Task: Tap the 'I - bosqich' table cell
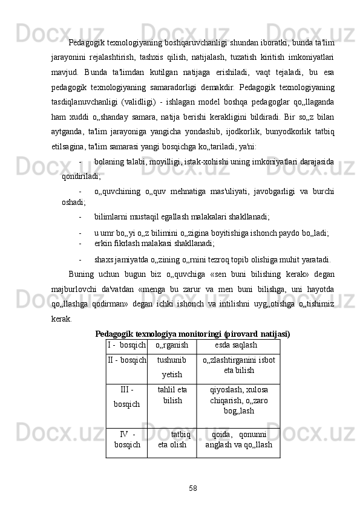pyautogui.click(x=126, y=345)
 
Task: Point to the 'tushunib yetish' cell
pyautogui.click(x=172, y=368)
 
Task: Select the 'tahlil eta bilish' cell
pyautogui.click(x=172, y=395)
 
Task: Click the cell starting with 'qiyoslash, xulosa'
pyautogui.click(x=238, y=400)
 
